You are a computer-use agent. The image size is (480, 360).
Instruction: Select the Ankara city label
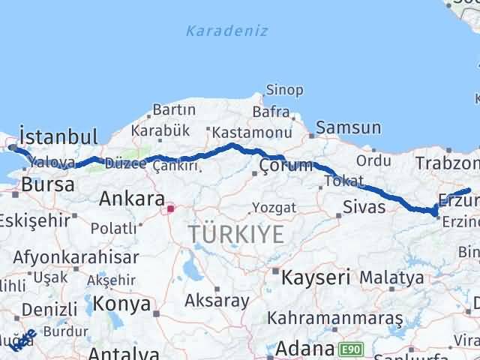click(x=131, y=199)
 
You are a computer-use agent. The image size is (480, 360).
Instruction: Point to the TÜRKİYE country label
click(x=236, y=234)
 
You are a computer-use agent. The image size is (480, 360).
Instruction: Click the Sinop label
click(x=284, y=91)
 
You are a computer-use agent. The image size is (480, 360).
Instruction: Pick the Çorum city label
click(x=284, y=166)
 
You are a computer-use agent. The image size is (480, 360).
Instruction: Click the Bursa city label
click(x=42, y=184)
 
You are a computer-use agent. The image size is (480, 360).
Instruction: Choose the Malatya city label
click(x=391, y=277)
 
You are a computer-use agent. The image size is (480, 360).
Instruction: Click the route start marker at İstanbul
click(x=13, y=148)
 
